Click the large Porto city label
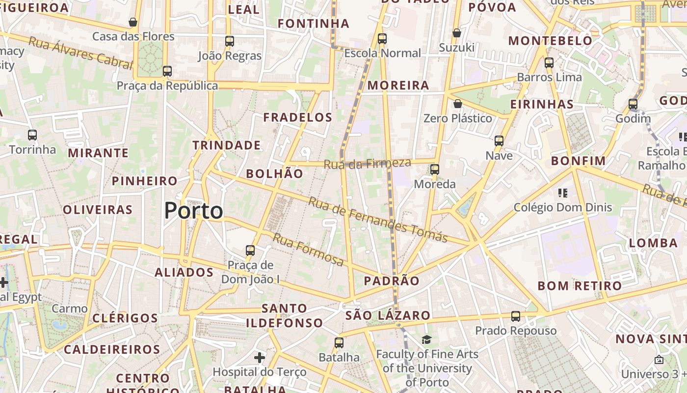[x=193, y=211]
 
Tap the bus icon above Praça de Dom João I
[x=250, y=251]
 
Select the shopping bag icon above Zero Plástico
[x=457, y=104]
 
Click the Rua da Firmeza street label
[x=367, y=164]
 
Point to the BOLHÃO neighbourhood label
[x=274, y=173]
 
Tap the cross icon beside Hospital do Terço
[x=260, y=358]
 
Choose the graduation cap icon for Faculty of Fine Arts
[x=426, y=339]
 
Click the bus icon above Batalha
[x=339, y=343]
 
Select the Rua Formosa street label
[x=308, y=250]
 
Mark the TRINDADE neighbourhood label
[x=226, y=145]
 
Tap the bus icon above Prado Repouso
[x=516, y=316]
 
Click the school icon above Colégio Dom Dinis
[x=563, y=193]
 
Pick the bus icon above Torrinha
[x=32, y=135]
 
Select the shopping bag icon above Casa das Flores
[x=133, y=22]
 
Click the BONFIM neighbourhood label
[x=578, y=161]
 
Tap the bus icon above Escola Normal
[x=382, y=39]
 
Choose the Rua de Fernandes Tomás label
[x=378, y=220]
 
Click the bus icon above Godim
[x=633, y=104]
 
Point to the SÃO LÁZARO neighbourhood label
[x=388, y=315]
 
